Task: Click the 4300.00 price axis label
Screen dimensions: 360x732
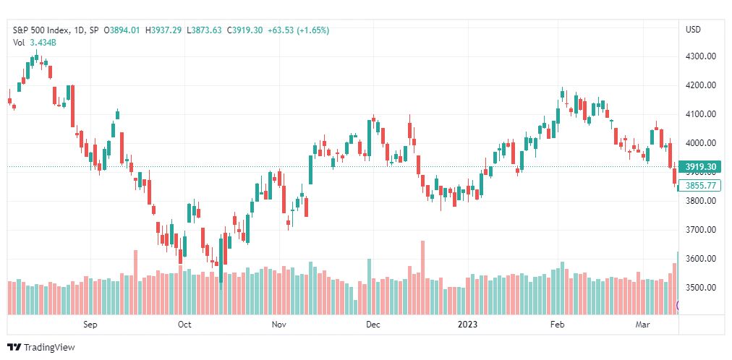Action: [700, 56]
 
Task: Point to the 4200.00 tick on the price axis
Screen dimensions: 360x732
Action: [700, 85]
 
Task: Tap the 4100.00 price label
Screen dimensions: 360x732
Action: [700, 114]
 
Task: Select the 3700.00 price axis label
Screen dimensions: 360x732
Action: [700, 230]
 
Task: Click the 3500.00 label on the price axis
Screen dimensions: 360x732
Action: [700, 288]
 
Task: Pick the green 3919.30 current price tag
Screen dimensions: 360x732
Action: [699, 167]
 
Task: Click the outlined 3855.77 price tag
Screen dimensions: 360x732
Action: [699, 186]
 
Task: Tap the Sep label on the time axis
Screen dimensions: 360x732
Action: [90, 325]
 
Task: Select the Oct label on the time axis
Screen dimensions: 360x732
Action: [184, 325]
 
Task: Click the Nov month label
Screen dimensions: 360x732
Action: [278, 325]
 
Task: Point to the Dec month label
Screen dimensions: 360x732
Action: [373, 325]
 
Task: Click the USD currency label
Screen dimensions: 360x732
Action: [693, 30]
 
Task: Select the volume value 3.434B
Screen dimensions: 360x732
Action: [43, 43]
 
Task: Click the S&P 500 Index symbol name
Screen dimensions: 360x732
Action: [43, 30]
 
